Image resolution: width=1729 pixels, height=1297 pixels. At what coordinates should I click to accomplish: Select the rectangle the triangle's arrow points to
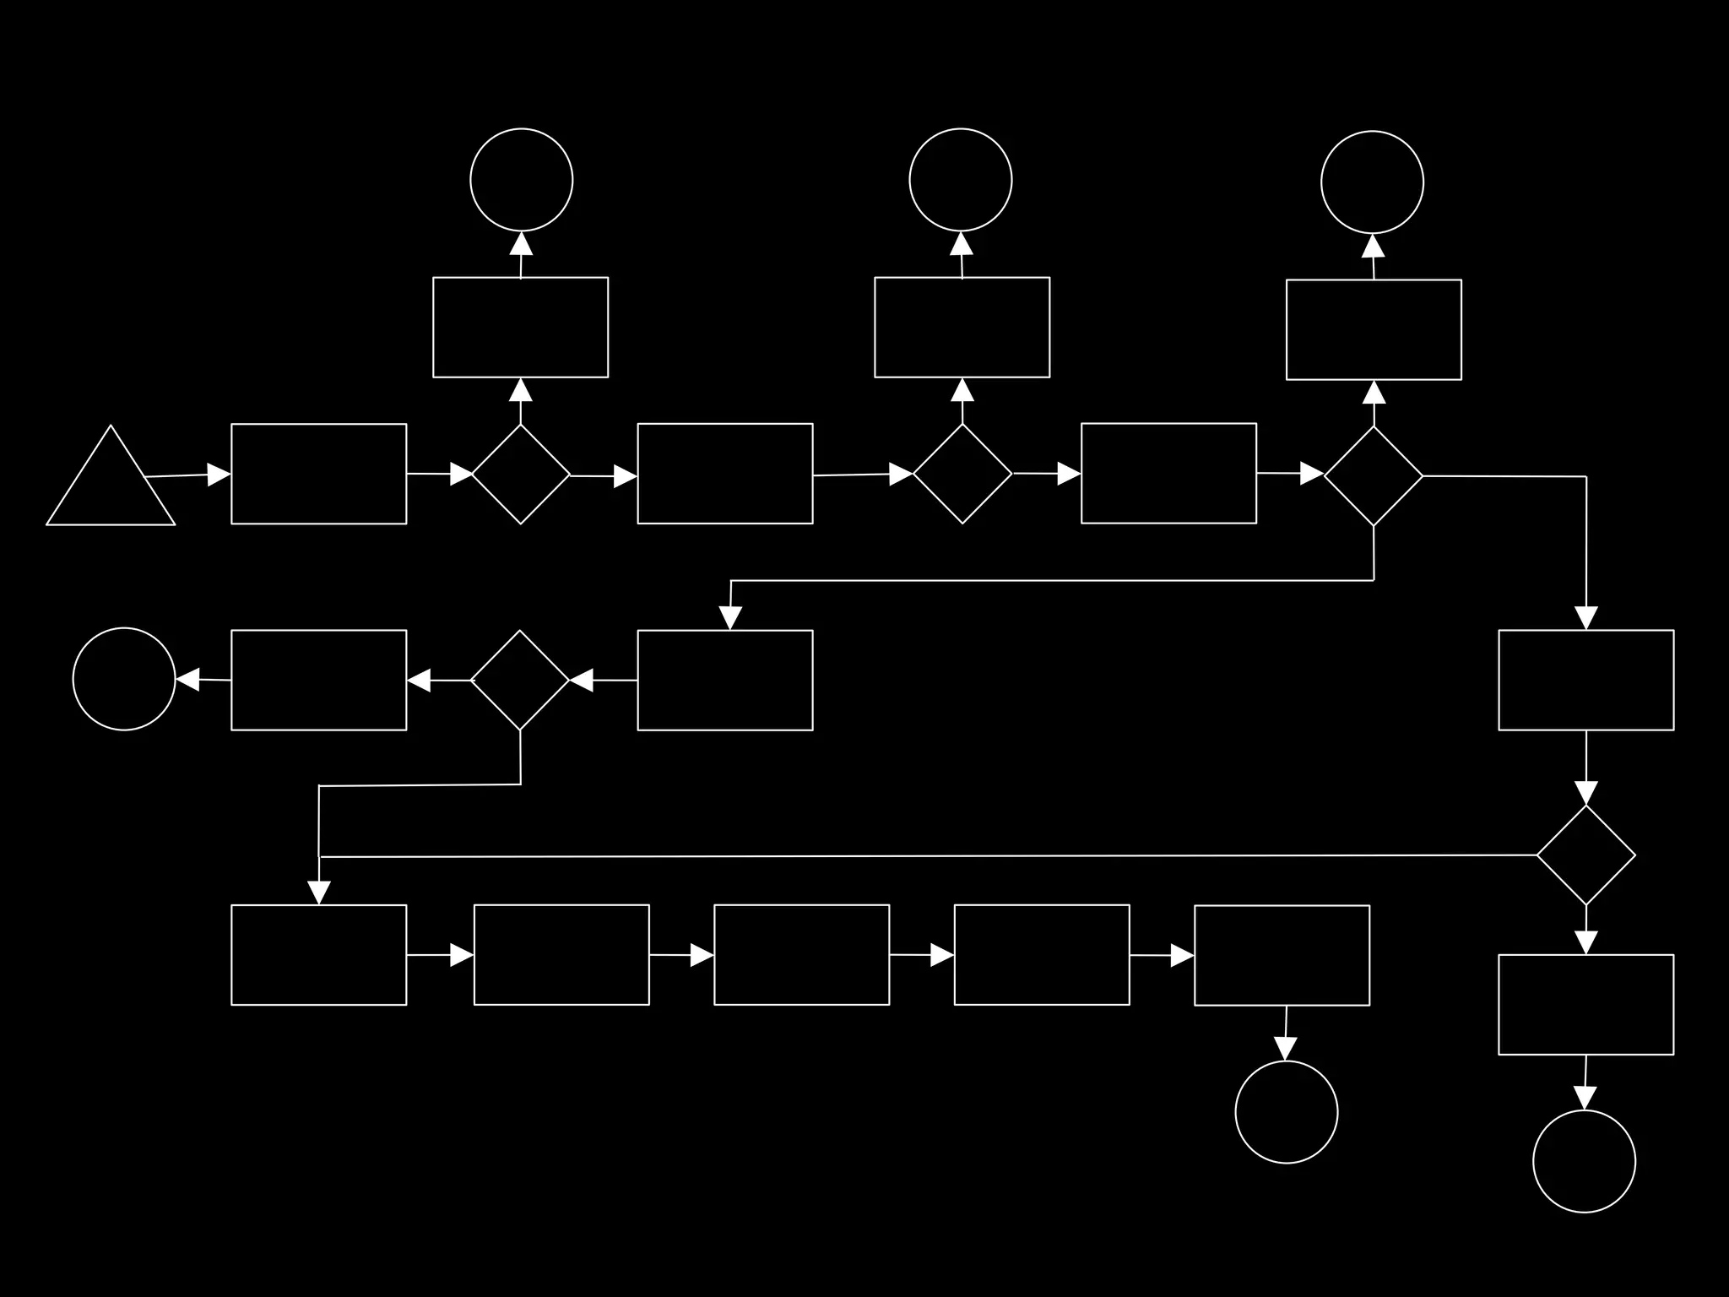[x=318, y=474]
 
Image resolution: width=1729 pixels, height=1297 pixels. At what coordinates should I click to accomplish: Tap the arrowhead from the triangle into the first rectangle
[x=219, y=475]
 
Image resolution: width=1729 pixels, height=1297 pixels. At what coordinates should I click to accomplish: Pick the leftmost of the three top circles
[x=521, y=180]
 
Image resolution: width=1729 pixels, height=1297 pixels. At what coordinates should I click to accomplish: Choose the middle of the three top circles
[x=961, y=180]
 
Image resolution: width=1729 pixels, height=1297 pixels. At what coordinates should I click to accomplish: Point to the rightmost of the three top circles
[x=1372, y=182]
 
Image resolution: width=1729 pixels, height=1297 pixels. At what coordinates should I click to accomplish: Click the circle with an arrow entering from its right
[x=124, y=679]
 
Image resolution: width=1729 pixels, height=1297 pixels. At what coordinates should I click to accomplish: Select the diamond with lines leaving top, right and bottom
[x=1374, y=476]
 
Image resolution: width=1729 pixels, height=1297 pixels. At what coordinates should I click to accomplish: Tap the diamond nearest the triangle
[x=521, y=474]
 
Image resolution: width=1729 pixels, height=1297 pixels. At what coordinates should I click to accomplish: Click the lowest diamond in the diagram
[x=1585, y=855]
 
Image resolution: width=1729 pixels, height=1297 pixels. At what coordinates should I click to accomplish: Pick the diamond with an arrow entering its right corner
[x=520, y=680]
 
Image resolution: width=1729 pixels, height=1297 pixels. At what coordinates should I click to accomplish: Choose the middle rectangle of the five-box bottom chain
[x=801, y=955]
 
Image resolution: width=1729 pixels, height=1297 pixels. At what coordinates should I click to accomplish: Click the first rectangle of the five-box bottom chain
[x=318, y=955]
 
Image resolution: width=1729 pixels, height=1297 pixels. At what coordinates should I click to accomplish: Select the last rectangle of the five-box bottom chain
[x=1282, y=956]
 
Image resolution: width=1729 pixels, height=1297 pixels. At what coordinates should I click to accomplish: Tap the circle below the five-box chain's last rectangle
[x=1286, y=1112]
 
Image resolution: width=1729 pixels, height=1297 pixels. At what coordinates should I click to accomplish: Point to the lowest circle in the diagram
[x=1584, y=1161]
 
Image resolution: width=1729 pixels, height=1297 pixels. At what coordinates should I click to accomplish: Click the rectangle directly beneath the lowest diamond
[x=1585, y=1005]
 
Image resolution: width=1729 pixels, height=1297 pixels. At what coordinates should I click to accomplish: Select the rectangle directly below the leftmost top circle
[x=520, y=327]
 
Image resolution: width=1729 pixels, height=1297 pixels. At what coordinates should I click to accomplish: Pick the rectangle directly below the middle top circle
[x=962, y=327]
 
